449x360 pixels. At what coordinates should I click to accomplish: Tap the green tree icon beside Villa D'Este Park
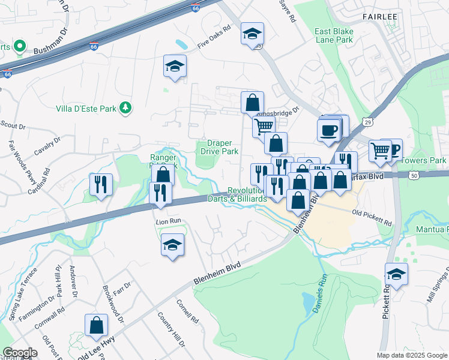(125, 108)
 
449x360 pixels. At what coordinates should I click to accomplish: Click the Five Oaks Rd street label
(214, 44)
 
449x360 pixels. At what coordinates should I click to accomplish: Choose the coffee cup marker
(328, 130)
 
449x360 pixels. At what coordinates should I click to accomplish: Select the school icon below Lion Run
(173, 245)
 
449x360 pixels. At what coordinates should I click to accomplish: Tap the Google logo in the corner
(20, 353)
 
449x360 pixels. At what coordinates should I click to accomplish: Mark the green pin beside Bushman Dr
(19, 46)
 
